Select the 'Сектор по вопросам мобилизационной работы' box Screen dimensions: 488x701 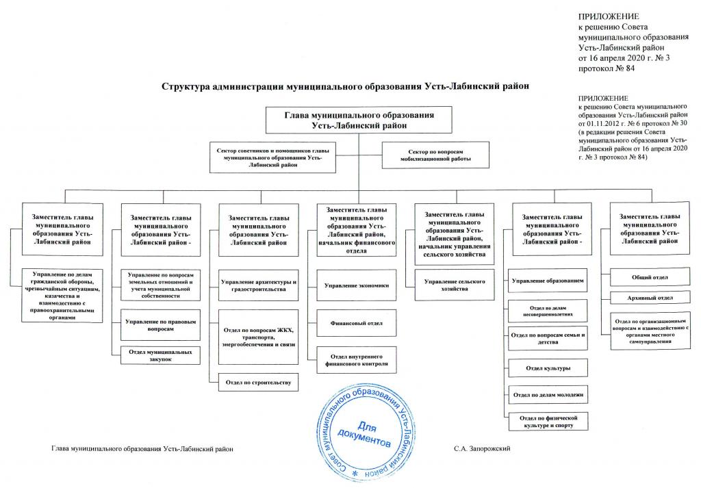pyautogui.click(x=436, y=155)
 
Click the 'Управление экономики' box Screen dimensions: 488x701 pyautogui.click(x=357, y=285)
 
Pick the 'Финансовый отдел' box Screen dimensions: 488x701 pyautogui.click(x=357, y=322)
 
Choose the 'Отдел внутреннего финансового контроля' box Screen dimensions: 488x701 pyautogui.click(x=357, y=360)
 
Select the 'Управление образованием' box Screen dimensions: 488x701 pyautogui.click(x=547, y=281)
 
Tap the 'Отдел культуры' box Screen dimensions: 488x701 pyautogui.click(x=547, y=368)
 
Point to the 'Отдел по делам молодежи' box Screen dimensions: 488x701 pyautogui.click(x=547, y=395)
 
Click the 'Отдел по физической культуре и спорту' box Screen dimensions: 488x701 pyautogui.click(x=547, y=420)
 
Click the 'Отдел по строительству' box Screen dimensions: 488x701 pyautogui.click(x=254, y=382)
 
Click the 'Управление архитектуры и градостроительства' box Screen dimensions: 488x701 pyautogui.click(x=258, y=286)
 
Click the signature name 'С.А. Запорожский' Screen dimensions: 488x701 pyautogui.click(x=483, y=448)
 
